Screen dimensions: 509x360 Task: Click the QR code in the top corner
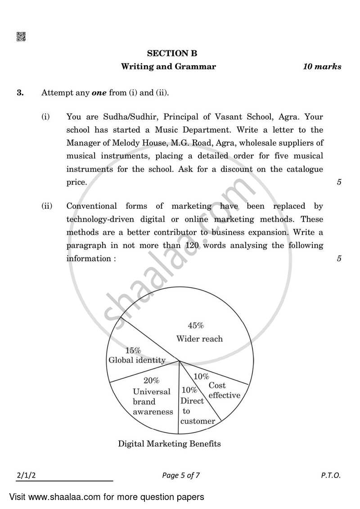pyautogui.click(x=21, y=37)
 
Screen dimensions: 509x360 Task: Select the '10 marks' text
pyautogui.click(x=322, y=67)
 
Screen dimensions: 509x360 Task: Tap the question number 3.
pyautogui.click(x=20, y=93)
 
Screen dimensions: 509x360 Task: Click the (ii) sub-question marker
pyautogui.click(x=47, y=206)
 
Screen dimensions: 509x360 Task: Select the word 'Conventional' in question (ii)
pyautogui.click(x=92, y=206)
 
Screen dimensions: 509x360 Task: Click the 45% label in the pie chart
pyautogui.click(x=196, y=325)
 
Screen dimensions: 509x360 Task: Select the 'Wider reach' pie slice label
pyautogui.click(x=199, y=339)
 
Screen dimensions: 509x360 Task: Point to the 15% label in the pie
pyautogui.click(x=133, y=350)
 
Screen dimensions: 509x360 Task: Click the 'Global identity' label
pyautogui.click(x=137, y=360)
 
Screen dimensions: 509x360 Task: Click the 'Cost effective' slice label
pyautogui.click(x=224, y=390)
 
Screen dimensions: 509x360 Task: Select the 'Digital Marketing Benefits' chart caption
pyautogui.click(x=169, y=444)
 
